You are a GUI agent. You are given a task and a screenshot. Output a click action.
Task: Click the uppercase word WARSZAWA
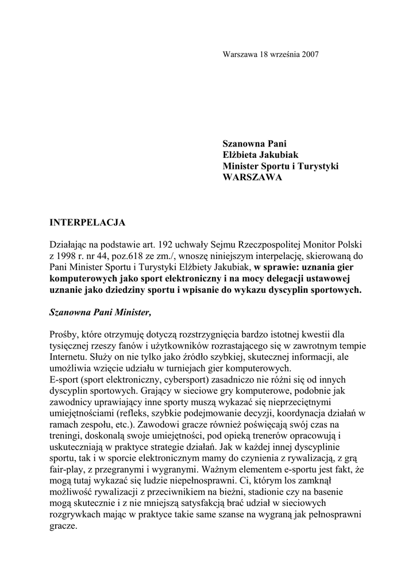coord(253,177)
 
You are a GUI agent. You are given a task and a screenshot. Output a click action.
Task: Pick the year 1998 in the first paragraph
coord(68,256)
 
